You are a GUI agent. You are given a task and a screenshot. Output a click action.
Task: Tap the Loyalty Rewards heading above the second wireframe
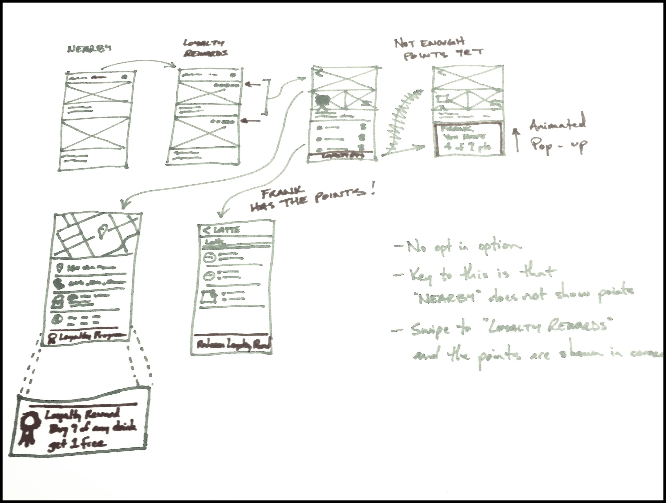(x=205, y=49)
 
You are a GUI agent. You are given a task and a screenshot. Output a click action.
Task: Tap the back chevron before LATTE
(x=207, y=230)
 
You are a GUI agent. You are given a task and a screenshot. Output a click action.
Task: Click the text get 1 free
(x=77, y=443)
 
